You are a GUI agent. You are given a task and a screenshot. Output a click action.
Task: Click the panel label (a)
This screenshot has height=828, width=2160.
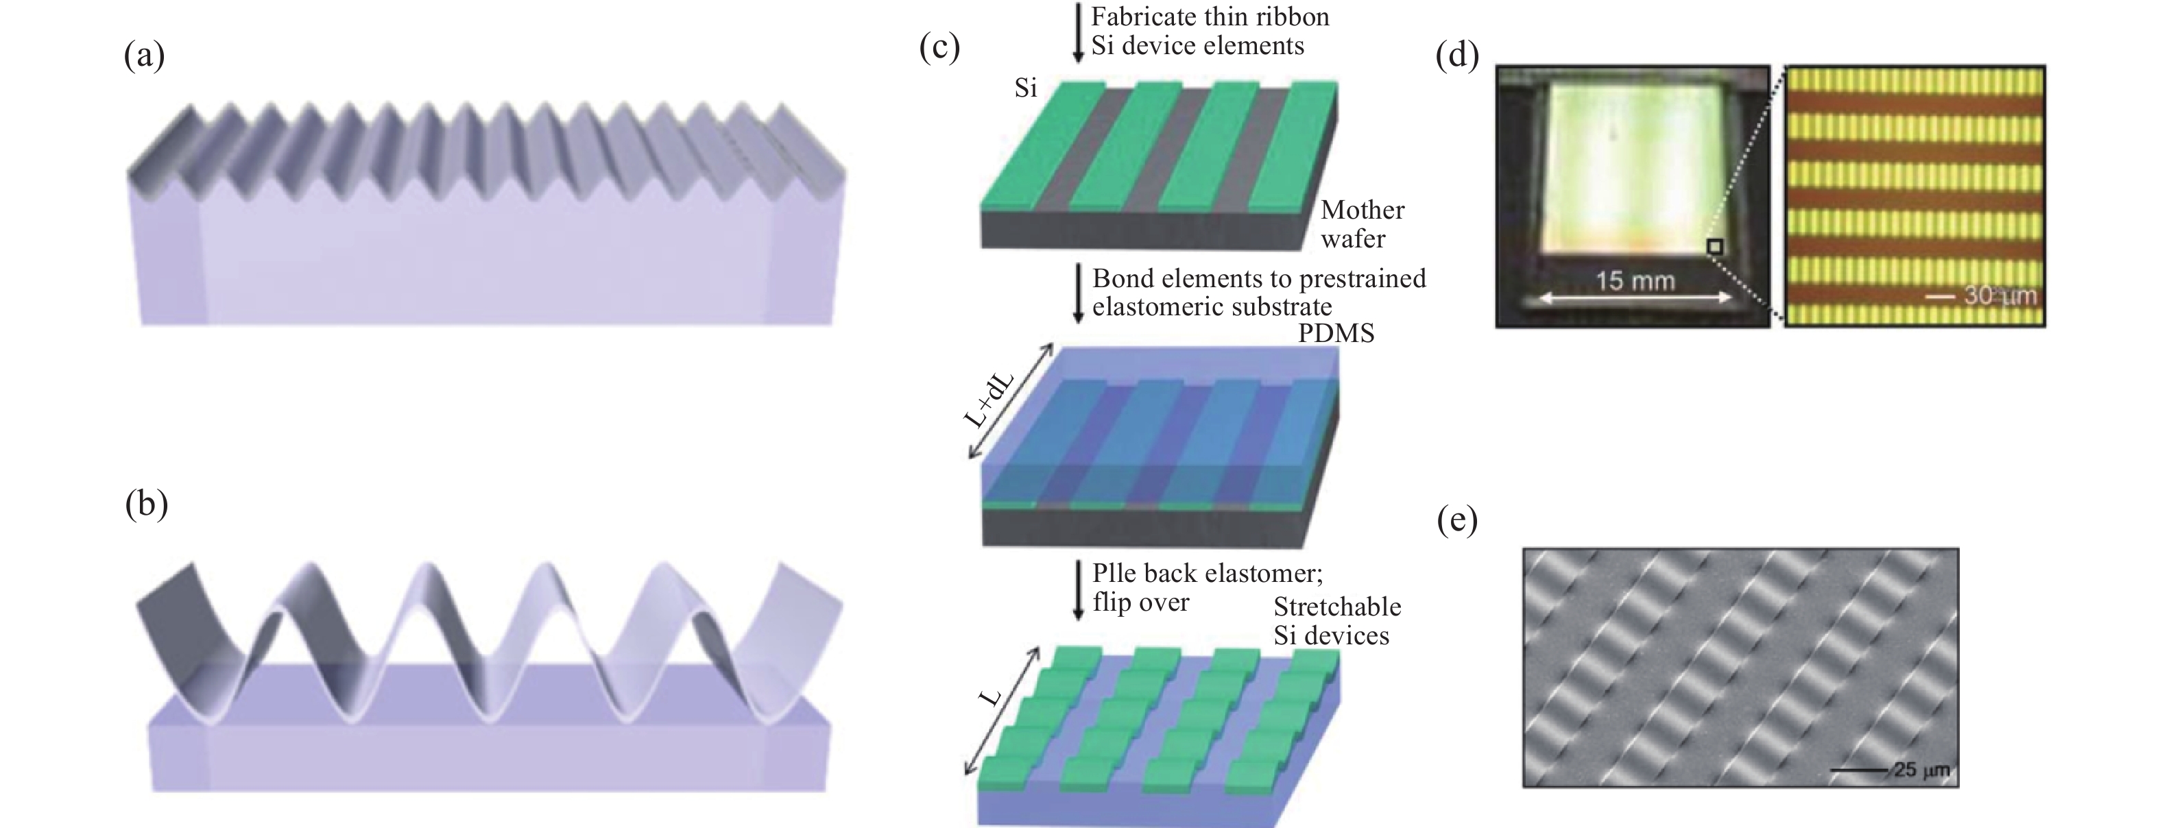(x=144, y=56)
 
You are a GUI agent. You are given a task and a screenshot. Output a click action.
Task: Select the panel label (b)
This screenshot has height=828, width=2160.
(x=146, y=505)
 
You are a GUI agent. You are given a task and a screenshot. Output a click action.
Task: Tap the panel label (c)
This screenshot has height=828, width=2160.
(x=939, y=48)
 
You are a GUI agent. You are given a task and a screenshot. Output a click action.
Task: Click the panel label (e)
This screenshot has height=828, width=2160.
(x=1456, y=522)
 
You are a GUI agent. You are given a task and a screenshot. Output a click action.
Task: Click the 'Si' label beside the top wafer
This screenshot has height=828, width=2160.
(x=1026, y=88)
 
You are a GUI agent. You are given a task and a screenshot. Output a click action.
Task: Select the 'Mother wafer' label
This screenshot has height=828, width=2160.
(x=1363, y=223)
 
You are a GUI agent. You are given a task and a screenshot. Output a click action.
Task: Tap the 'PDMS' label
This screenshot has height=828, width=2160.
(x=1336, y=334)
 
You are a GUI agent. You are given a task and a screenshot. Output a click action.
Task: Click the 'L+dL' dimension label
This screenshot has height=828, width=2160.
(x=990, y=400)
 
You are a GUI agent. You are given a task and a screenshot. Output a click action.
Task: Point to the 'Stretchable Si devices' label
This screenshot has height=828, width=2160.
(x=1336, y=621)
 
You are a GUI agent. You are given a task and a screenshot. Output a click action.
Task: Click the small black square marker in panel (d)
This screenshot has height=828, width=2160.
(x=1715, y=246)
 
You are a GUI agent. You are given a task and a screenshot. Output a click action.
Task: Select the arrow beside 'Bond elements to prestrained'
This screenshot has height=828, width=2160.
(x=1079, y=294)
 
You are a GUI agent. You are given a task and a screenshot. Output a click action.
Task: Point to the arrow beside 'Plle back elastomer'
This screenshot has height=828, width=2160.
(x=1079, y=590)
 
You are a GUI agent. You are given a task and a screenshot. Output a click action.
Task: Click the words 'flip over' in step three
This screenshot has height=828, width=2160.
(x=1140, y=602)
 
